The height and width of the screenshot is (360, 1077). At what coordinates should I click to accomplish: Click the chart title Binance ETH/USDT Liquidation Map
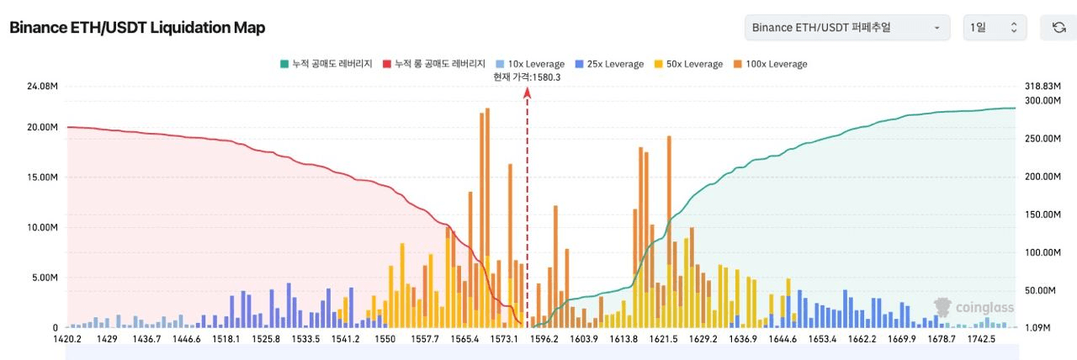[137, 28]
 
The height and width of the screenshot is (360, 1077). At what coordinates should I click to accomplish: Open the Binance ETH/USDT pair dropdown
[846, 28]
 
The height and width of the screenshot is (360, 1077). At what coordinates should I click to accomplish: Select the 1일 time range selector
[994, 28]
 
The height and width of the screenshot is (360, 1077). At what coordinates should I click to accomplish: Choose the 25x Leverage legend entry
[611, 64]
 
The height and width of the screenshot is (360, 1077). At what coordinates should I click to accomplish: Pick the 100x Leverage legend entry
[771, 64]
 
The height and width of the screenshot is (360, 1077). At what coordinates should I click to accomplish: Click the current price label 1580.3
[527, 77]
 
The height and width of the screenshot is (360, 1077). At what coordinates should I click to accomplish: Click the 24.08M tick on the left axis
[42, 87]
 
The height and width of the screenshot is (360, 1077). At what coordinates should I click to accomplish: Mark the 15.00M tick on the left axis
[42, 177]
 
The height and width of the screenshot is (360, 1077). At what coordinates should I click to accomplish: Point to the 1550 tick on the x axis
[385, 339]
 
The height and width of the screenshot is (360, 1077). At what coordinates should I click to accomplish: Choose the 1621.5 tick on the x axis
[663, 339]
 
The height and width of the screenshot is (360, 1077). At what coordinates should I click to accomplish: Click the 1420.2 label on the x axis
[67, 339]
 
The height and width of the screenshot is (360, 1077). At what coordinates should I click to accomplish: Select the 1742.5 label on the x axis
[981, 339]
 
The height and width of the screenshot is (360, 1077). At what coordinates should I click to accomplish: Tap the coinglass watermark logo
[974, 308]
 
